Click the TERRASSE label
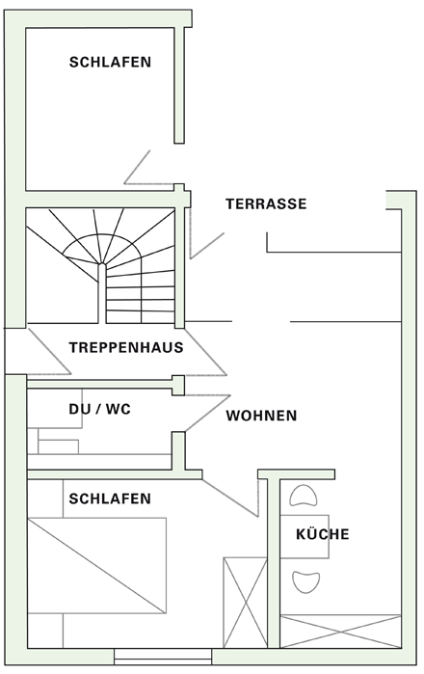[x=266, y=203]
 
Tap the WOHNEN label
[x=261, y=416]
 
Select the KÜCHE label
[x=323, y=534]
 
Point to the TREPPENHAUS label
[x=126, y=347]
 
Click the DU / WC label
[x=99, y=409]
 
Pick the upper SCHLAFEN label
[x=111, y=62]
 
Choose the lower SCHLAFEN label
[x=110, y=499]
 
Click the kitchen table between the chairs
[x=305, y=536]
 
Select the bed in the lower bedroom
[x=97, y=565]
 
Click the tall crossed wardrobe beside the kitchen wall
[x=245, y=602]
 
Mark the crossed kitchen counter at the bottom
[x=340, y=631]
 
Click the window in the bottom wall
[x=163, y=657]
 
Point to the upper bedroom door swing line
[x=137, y=167]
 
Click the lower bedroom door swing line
[x=230, y=498]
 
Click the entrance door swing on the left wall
[x=49, y=351]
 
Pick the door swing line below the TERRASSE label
[x=207, y=246]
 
